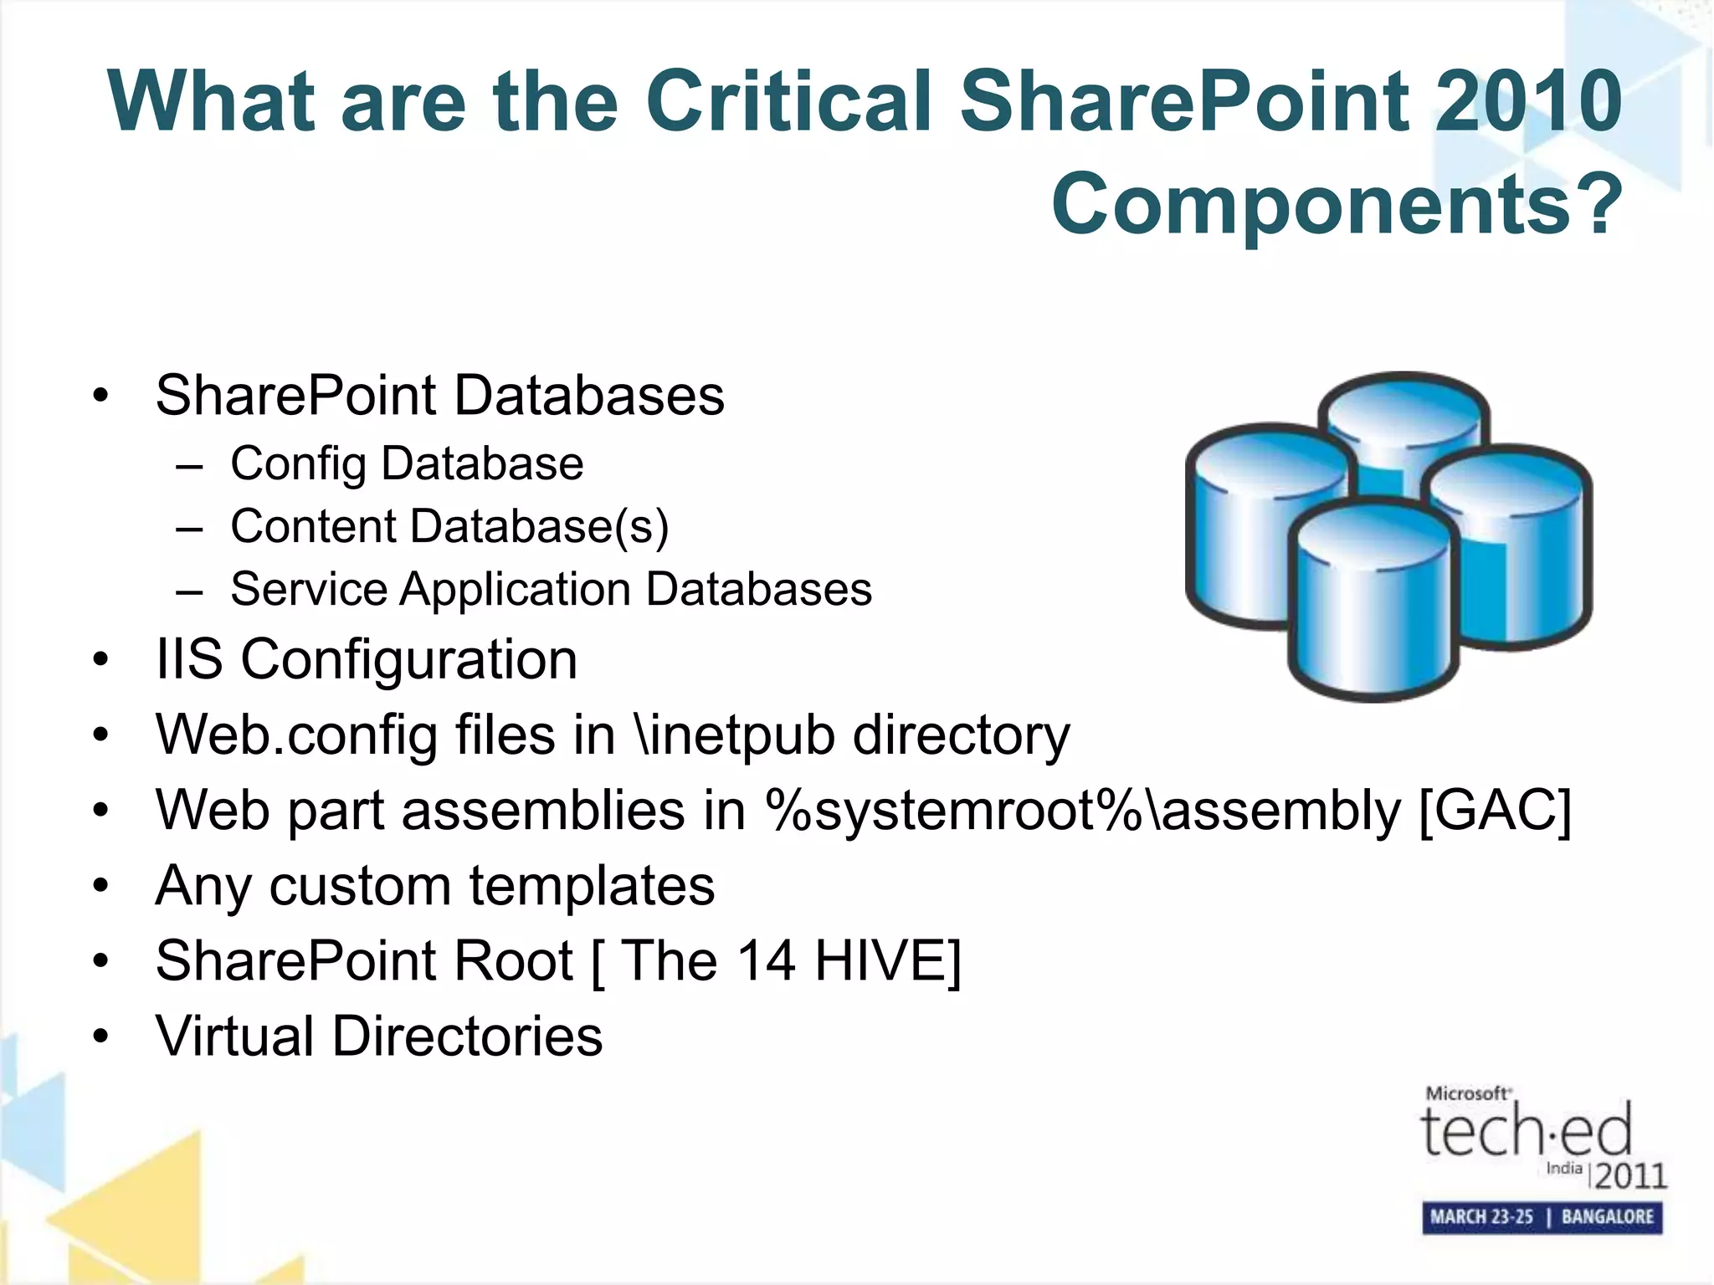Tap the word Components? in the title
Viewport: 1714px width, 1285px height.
click(1337, 204)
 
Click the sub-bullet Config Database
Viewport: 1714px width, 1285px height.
click(407, 463)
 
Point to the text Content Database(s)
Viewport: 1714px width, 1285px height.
click(449, 526)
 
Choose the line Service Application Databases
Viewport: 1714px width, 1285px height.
click(551, 589)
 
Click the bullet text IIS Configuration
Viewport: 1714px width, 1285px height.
click(367, 659)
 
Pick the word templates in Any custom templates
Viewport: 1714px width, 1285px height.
click(591, 885)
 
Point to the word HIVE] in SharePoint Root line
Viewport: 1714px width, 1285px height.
click(888, 960)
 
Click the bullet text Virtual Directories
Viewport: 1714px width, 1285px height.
click(378, 1036)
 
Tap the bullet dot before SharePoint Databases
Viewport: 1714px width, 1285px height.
click(101, 396)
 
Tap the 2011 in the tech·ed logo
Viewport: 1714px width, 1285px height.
click(1630, 1176)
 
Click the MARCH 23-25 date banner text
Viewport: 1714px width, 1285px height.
click(1481, 1216)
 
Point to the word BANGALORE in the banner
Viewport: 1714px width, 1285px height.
click(1607, 1216)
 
